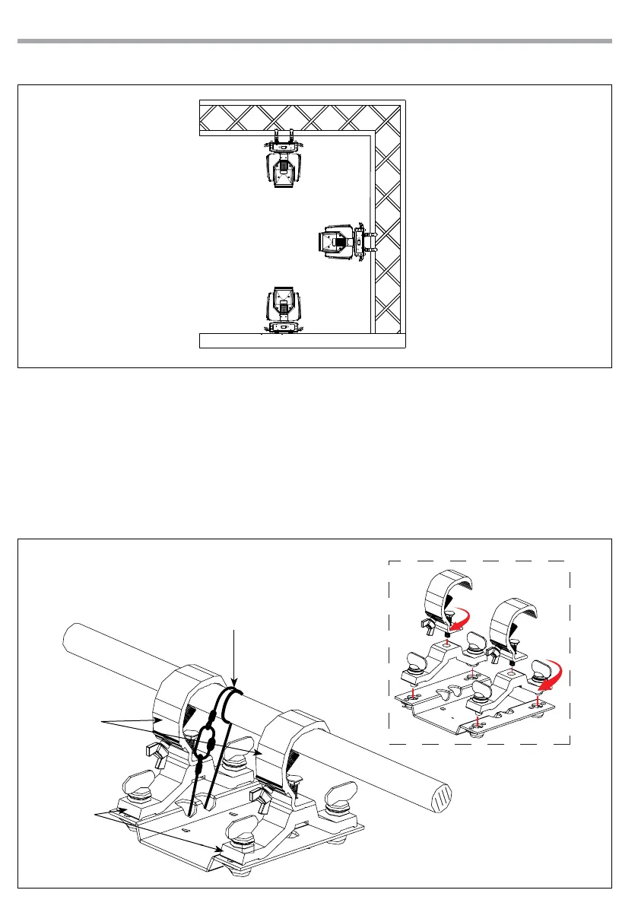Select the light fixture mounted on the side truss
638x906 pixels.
click(341, 241)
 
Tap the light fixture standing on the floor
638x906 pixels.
click(284, 308)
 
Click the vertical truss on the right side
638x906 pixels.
click(388, 228)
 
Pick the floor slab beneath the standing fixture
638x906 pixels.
click(301, 340)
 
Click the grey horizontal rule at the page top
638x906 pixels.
click(314, 41)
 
